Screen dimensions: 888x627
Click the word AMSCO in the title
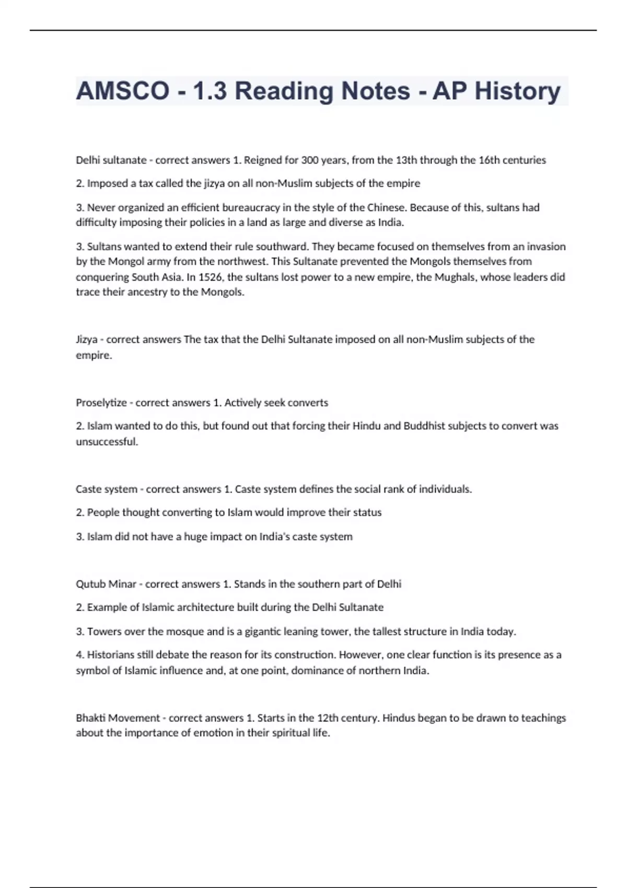[123, 91]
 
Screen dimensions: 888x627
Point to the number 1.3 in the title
[210, 91]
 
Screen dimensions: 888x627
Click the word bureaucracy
[251, 207]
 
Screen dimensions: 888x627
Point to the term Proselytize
[101, 403]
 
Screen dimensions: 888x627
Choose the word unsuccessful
[107, 442]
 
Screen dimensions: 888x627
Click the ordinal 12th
[327, 718]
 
